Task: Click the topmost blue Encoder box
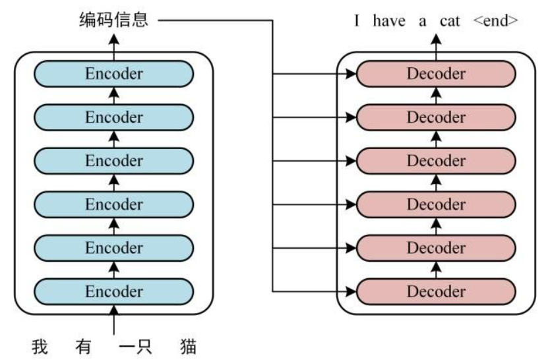(113, 74)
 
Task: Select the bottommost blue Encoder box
(113, 291)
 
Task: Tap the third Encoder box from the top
(113, 161)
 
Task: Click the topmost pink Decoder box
(436, 74)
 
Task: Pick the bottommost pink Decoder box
(436, 291)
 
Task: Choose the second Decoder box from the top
(436, 117)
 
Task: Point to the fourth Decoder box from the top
(436, 204)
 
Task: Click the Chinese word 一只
(136, 346)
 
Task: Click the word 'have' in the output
(388, 20)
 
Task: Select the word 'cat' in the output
(450, 20)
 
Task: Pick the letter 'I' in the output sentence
(356, 20)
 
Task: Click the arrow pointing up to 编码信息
(113, 40)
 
